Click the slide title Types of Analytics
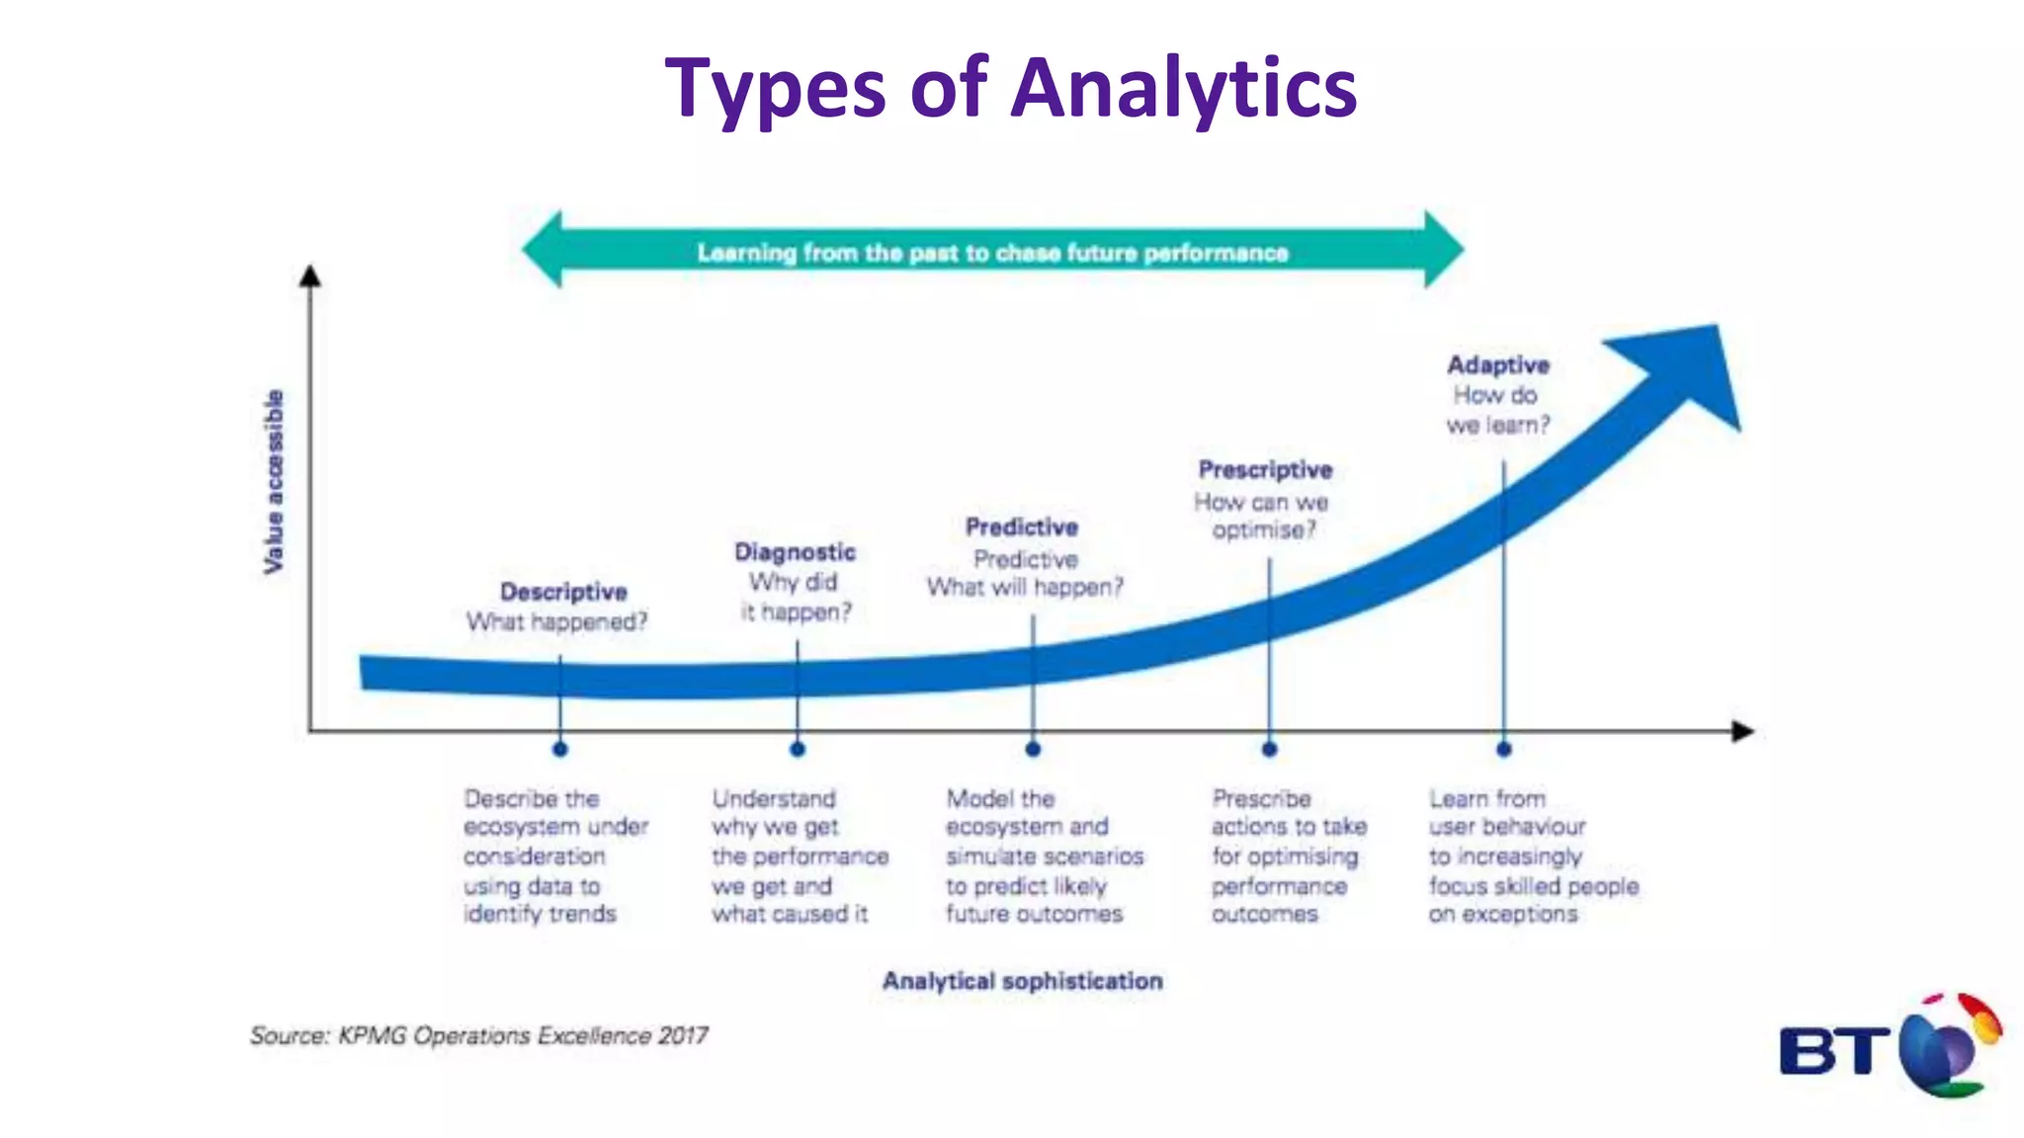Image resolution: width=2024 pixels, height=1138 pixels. click(1010, 88)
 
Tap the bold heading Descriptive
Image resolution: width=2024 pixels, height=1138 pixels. click(563, 592)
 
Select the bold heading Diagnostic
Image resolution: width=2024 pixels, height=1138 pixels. click(795, 552)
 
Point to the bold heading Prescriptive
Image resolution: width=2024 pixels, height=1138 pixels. click(1265, 470)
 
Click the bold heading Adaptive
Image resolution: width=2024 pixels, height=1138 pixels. click(1498, 366)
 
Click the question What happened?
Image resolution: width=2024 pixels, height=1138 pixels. click(556, 622)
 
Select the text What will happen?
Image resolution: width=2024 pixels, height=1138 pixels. click(1025, 588)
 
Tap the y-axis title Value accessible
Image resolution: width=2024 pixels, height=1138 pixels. click(274, 481)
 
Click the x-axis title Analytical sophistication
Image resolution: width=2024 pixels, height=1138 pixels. click(1022, 981)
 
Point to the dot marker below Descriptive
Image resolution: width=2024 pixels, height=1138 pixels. click(560, 750)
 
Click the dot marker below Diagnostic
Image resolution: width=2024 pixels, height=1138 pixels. click(798, 750)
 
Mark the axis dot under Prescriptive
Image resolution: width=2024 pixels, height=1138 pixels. click(1270, 750)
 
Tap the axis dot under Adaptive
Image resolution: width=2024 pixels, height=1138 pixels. click(1504, 750)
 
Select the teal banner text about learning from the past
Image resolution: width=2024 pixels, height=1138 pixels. click(992, 253)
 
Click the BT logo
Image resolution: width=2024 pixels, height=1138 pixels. click(1889, 1047)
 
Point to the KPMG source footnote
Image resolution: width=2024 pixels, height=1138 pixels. click(478, 1035)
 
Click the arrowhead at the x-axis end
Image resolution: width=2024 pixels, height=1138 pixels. click(1743, 731)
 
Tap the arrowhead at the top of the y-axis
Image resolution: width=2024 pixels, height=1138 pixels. click(310, 276)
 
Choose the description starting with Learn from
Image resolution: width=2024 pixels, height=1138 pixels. click(1533, 855)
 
